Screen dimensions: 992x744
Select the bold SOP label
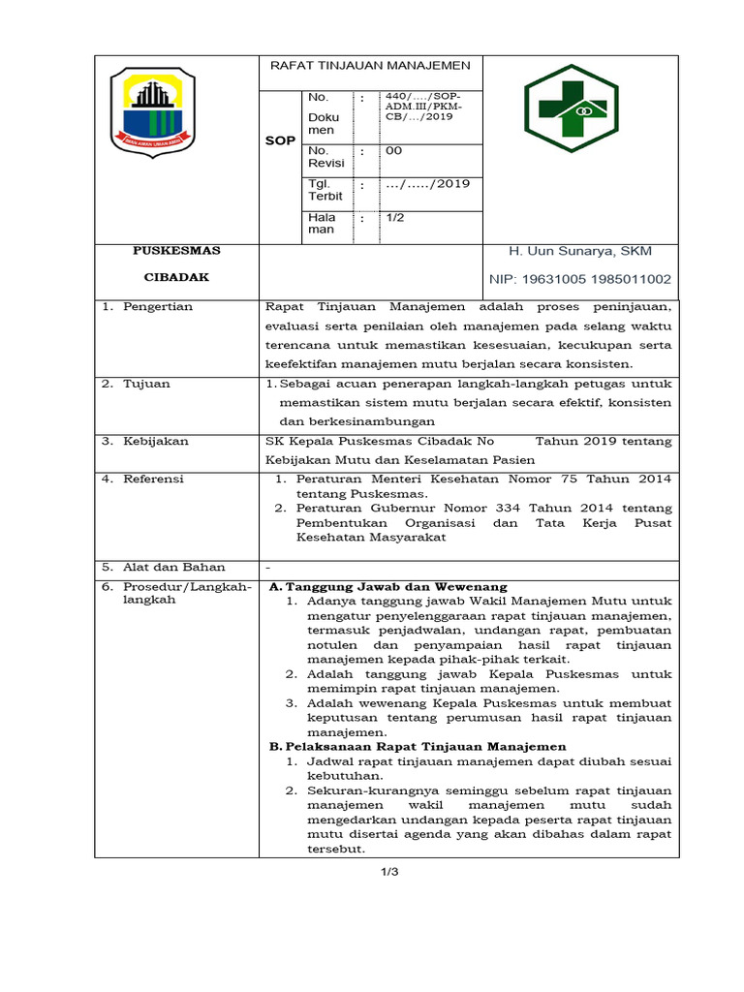pyautogui.click(x=280, y=141)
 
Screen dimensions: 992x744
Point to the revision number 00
pyautogui.click(x=393, y=151)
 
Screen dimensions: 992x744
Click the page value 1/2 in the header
pyautogui.click(x=395, y=218)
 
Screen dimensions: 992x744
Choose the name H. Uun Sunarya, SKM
pyautogui.click(x=580, y=252)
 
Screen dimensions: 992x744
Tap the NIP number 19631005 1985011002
pyautogui.click(x=580, y=279)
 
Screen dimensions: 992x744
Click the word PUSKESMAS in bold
pyautogui.click(x=176, y=251)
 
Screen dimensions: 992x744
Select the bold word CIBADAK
pyautogui.click(x=176, y=277)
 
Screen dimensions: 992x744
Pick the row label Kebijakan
pyautogui.click(x=155, y=442)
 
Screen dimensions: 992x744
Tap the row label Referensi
pyautogui.click(x=153, y=479)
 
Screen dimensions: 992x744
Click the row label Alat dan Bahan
pyautogui.click(x=173, y=567)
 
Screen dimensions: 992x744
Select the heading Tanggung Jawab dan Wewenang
pyautogui.click(x=387, y=587)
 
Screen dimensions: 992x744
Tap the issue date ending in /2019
pyautogui.click(x=427, y=184)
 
